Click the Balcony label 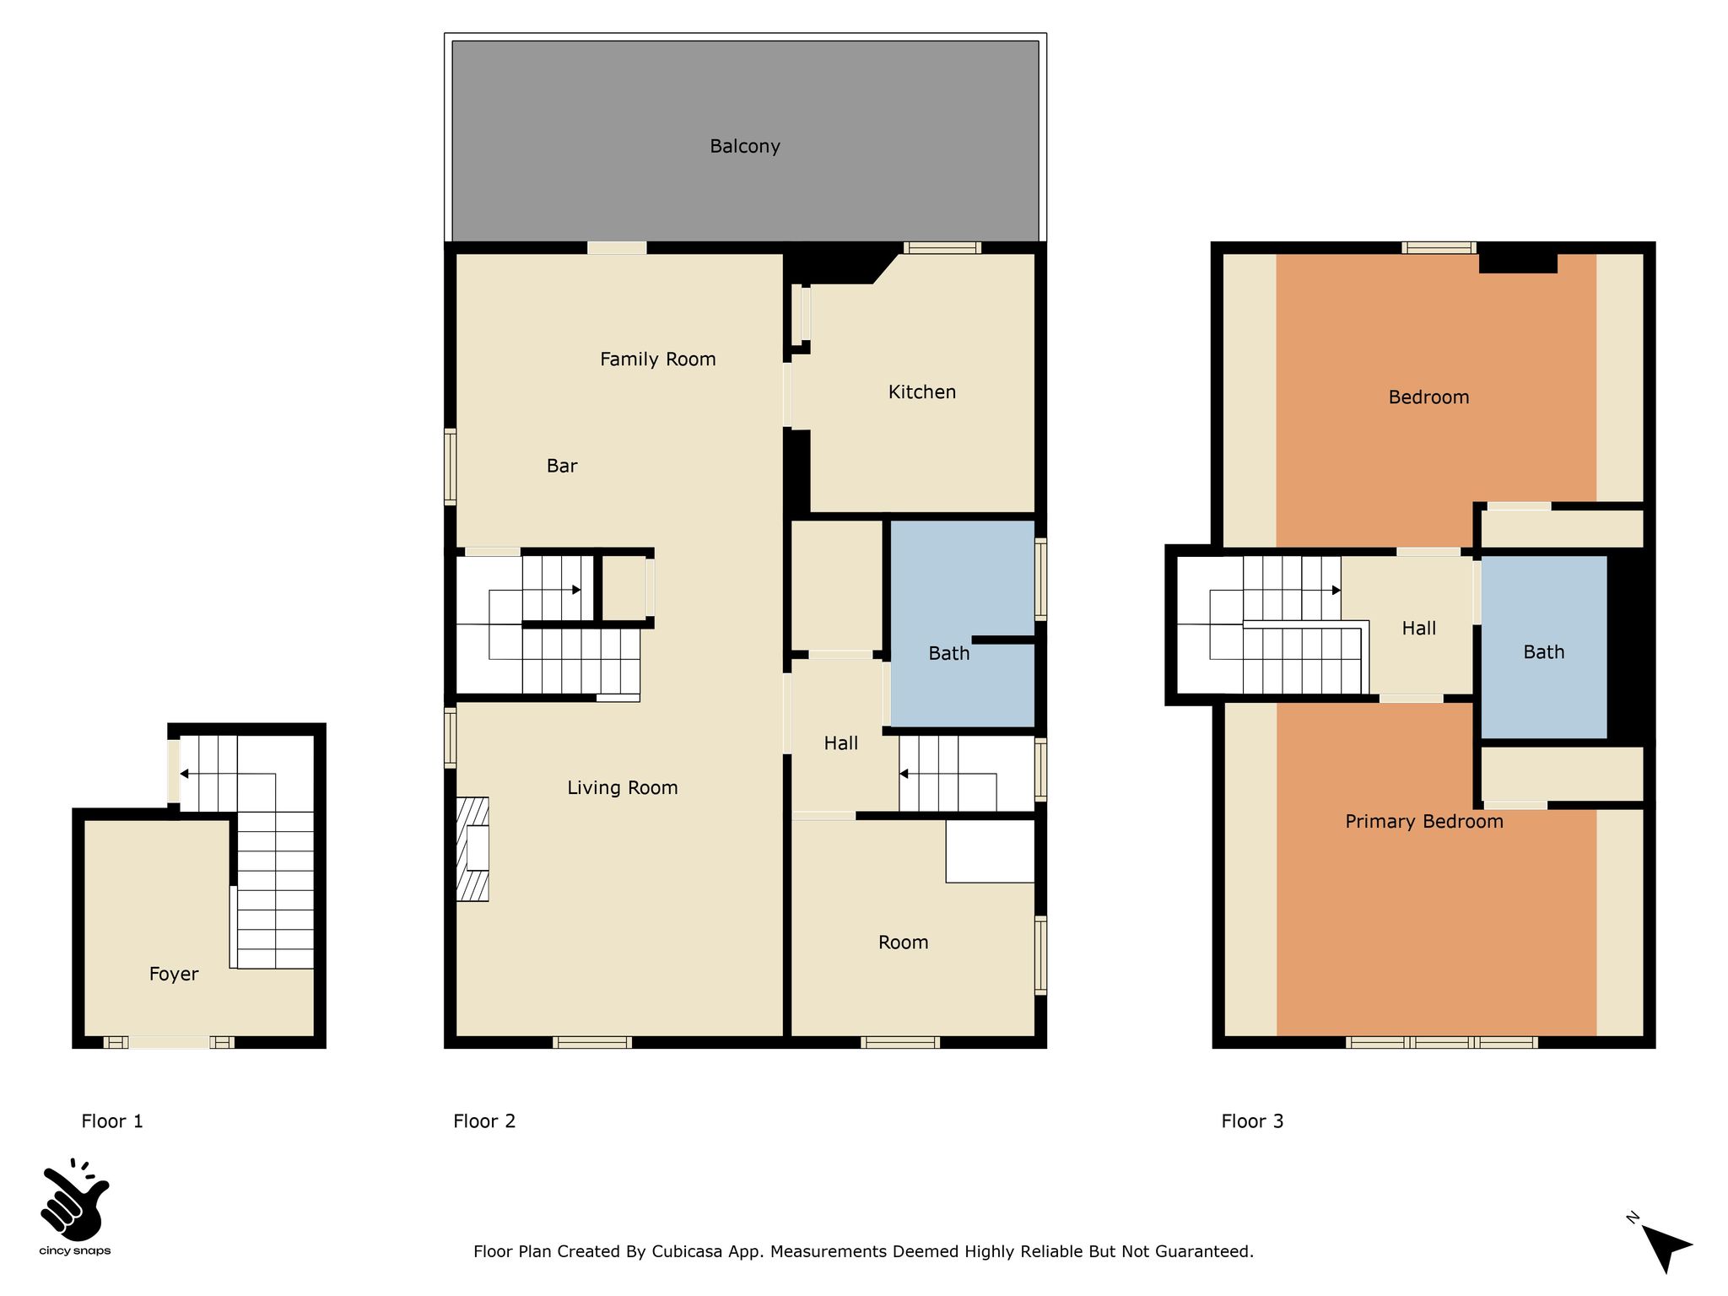745,147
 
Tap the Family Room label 658,359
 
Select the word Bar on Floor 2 562,466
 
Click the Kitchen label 922,392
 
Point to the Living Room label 623,788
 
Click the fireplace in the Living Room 472,849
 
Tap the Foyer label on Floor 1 174,975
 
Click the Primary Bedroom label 1424,822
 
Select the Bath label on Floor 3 1544,652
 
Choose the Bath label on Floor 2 949,653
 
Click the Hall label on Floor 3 1419,629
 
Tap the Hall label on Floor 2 841,743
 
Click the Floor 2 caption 484,1121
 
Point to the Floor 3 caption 1252,1121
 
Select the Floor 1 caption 112,1121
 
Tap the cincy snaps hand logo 74,1199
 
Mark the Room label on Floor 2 904,942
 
